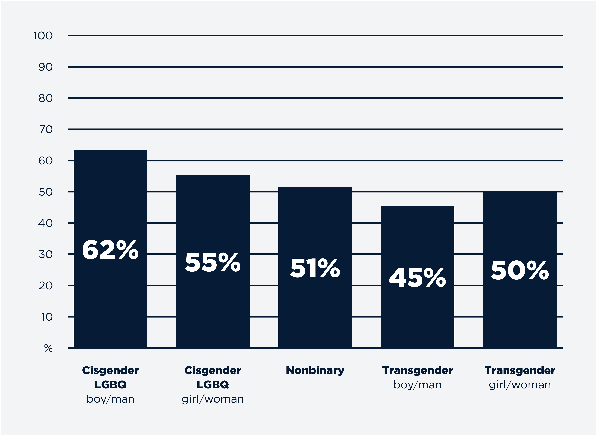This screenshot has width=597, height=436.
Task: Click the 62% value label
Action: (x=110, y=250)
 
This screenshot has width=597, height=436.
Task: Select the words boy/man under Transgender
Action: (x=417, y=385)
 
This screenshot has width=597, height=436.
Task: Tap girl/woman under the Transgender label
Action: (x=520, y=385)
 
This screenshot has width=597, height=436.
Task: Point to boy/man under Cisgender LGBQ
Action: (x=110, y=399)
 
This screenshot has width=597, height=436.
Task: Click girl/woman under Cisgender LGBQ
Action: (x=213, y=399)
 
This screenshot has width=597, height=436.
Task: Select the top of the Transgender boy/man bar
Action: (x=417, y=206)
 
